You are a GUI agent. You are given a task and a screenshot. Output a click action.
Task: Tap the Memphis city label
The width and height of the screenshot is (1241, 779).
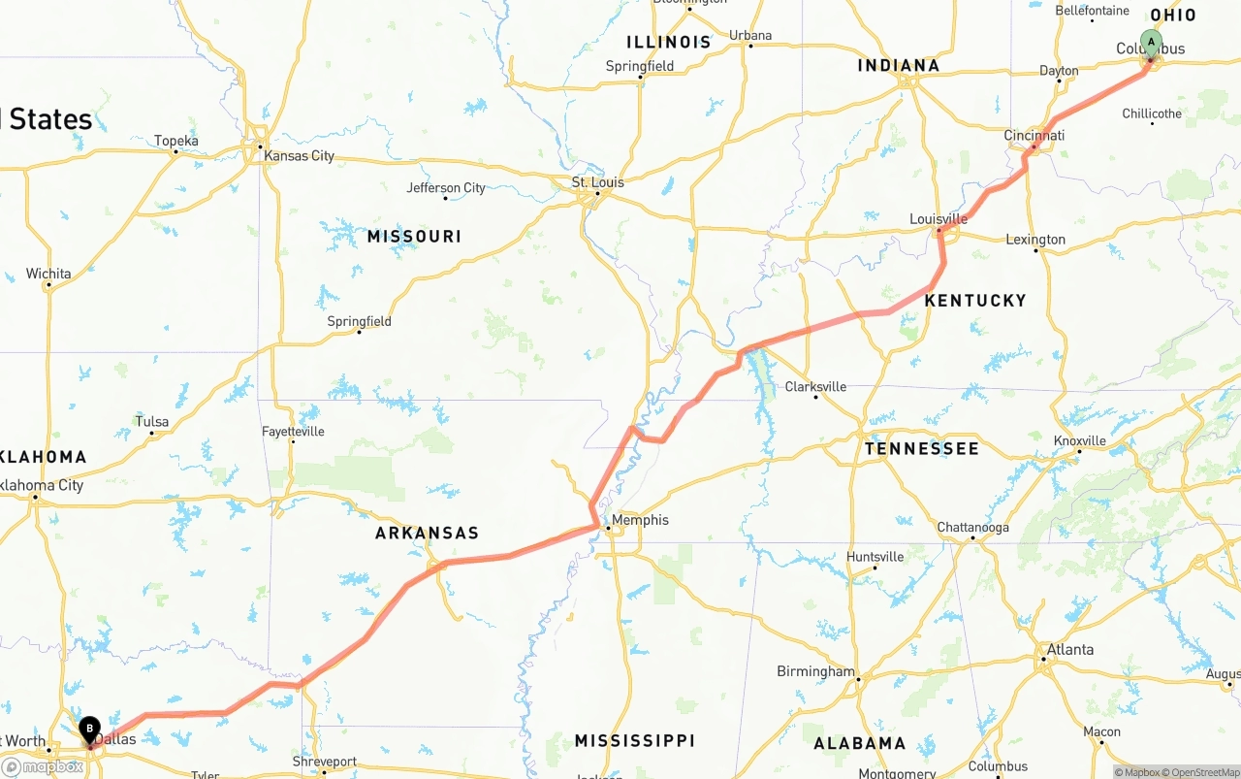tap(640, 520)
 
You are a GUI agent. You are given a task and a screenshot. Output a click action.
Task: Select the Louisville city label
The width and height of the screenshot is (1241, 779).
tap(939, 219)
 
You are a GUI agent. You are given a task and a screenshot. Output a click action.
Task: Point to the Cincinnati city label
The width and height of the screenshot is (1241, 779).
tap(1034, 135)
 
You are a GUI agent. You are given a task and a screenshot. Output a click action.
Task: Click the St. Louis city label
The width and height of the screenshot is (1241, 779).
tap(598, 182)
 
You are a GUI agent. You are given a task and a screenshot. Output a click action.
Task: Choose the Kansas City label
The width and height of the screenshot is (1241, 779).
tap(299, 155)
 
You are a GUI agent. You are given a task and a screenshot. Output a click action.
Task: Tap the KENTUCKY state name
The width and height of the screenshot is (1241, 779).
tap(974, 301)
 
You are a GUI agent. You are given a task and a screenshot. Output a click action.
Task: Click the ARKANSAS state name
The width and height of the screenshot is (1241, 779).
tap(427, 534)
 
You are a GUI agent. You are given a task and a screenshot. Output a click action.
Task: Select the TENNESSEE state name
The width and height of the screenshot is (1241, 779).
tap(922, 449)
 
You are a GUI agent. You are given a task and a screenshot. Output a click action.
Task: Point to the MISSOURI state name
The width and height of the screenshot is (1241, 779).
tap(414, 237)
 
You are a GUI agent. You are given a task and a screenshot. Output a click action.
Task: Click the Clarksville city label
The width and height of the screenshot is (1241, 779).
tap(815, 386)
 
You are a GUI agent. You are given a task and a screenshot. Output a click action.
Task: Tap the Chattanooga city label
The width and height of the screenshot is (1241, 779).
tap(972, 528)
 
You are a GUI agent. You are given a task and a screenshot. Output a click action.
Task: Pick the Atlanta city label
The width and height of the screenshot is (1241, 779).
tap(1069, 650)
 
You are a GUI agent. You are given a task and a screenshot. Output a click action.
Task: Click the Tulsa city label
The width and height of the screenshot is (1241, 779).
tap(152, 422)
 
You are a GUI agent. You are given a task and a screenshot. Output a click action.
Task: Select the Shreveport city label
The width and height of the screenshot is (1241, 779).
tap(325, 762)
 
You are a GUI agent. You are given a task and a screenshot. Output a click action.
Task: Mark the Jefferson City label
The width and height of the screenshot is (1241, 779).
tap(446, 188)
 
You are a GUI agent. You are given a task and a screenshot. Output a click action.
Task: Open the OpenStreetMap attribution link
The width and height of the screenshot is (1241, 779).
tap(1203, 772)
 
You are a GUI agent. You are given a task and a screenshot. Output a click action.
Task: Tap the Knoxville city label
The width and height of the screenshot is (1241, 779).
tap(1079, 440)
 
